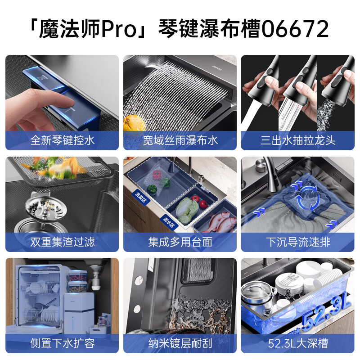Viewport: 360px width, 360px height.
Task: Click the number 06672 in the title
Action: (x=295, y=28)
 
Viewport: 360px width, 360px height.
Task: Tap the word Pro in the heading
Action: (x=119, y=29)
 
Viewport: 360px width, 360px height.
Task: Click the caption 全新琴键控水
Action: (x=63, y=140)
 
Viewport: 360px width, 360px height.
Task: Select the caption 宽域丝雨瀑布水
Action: (x=180, y=140)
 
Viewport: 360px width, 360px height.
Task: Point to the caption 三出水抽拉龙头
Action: (x=298, y=140)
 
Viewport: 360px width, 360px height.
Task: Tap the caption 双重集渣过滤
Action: (x=63, y=242)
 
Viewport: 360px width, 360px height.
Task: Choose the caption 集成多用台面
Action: (x=180, y=242)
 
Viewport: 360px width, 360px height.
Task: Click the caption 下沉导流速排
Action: (x=298, y=242)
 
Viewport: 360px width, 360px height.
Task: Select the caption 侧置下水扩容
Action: (x=63, y=343)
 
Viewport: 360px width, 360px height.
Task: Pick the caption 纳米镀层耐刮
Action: (x=180, y=343)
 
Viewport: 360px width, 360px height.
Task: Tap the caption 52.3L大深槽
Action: (x=298, y=343)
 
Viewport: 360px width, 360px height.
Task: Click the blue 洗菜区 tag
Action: (x=141, y=198)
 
